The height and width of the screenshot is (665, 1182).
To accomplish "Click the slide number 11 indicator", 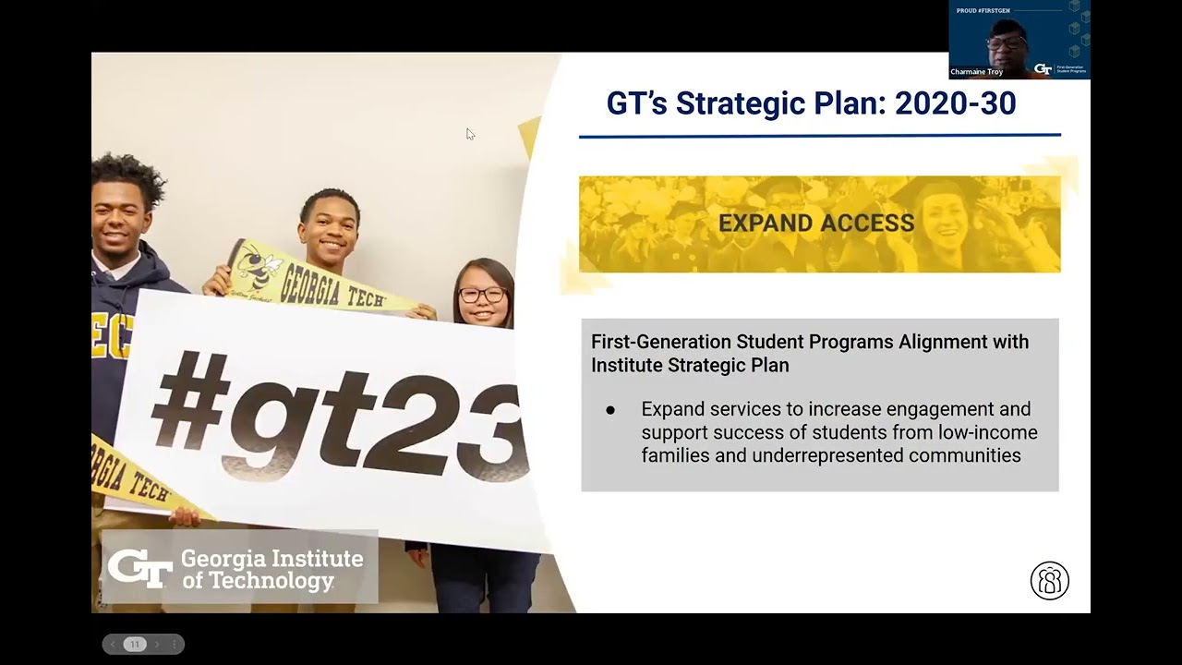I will pyautogui.click(x=135, y=644).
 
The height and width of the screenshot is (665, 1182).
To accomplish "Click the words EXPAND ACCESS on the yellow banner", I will pyautogui.click(x=816, y=224).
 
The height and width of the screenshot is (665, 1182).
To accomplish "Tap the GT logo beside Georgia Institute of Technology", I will pyautogui.click(x=139, y=567).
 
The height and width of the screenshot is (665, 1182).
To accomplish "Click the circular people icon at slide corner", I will pyautogui.click(x=1049, y=581).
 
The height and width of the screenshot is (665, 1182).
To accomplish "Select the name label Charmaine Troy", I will pyautogui.click(x=976, y=71).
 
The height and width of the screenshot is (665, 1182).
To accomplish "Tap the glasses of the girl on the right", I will pyautogui.click(x=481, y=296).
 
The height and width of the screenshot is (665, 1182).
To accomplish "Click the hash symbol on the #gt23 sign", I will pyautogui.click(x=188, y=399).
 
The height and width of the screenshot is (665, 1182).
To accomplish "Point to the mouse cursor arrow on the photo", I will pyautogui.click(x=470, y=134).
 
